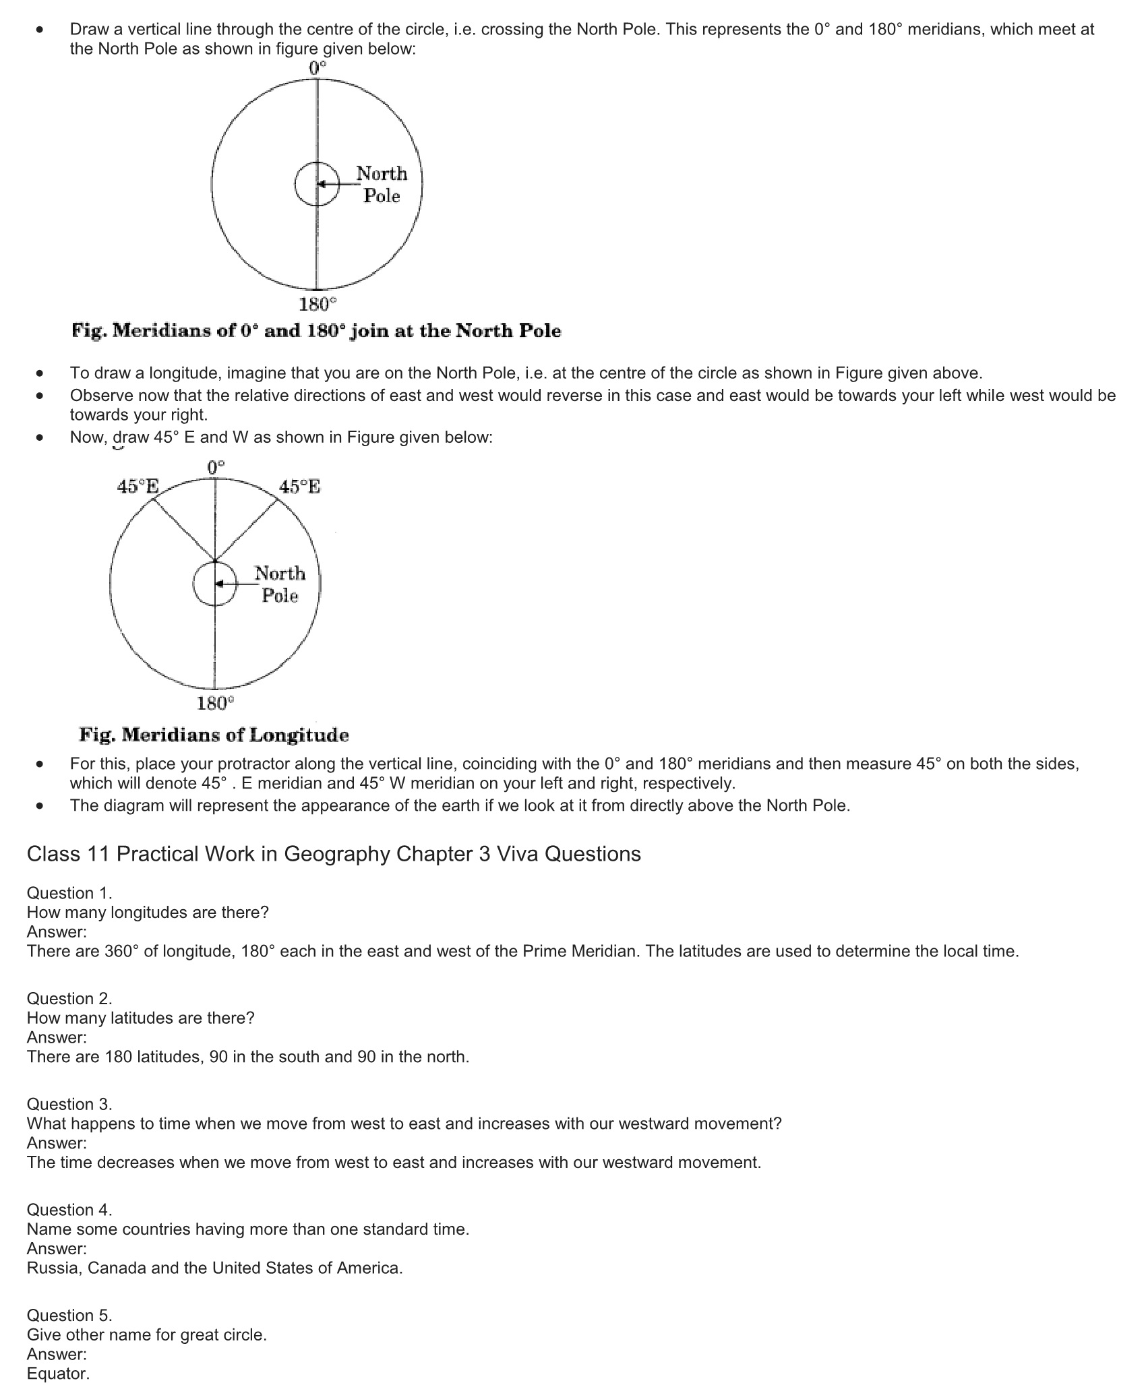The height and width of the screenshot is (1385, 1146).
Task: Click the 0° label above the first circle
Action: pyautogui.click(x=317, y=67)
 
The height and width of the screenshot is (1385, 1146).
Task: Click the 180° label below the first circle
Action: pyautogui.click(x=317, y=305)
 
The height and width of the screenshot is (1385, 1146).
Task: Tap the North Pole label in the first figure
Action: pyautogui.click(x=382, y=185)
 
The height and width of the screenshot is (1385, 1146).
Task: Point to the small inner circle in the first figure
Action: pyautogui.click(x=317, y=184)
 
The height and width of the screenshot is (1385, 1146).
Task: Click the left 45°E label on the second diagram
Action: pyautogui.click(x=138, y=487)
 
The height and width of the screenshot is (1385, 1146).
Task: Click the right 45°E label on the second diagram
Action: pyautogui.click(x=300, y=487)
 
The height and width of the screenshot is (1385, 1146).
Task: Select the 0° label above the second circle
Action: pyautogui.click(x=216, y=467)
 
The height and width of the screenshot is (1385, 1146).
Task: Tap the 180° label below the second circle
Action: pyautogui.click(x=215, y=704)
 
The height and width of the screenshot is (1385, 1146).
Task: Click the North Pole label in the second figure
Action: pyautogui.click(x=280, y=584)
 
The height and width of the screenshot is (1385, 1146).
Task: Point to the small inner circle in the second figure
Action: pyautogui.click(x=215, y=584)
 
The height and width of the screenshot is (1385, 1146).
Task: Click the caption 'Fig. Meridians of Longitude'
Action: pyautogui.click(x=214, y=735)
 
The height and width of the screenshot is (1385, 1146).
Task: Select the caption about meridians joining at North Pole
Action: pyautogui.click(x=316, y=331)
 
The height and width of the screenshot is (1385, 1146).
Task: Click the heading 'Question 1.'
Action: pyautogui.click(x=69, y=893)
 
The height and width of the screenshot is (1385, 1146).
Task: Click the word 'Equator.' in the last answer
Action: pyautogui.click(x=58, y=1374)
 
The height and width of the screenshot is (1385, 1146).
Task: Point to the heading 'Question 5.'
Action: pyautogui.click(x=69, y=1315)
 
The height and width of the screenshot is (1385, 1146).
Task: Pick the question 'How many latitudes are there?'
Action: pyautogui.click(x=141, y=1018)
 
